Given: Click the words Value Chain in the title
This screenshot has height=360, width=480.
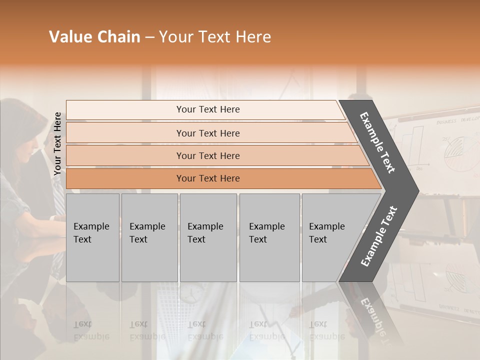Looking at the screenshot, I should tap(94, 37).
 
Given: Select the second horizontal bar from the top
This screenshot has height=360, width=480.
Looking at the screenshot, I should tap(207, 133).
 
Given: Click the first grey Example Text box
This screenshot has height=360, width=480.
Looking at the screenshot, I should tap(92, 237).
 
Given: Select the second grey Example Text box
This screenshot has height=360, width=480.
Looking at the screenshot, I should tap(149, 237).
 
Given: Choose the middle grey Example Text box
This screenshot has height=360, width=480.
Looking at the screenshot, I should tap(208, 237).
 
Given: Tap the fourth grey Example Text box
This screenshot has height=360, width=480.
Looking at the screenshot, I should tap(269, 237).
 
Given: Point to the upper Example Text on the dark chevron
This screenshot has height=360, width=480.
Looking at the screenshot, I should tap(378, 142).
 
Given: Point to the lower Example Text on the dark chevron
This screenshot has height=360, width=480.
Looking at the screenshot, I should tap(379, 236).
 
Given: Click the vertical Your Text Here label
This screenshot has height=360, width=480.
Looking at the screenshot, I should tap(57, 143).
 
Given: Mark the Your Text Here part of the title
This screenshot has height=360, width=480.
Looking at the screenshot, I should tap(215, 37).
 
